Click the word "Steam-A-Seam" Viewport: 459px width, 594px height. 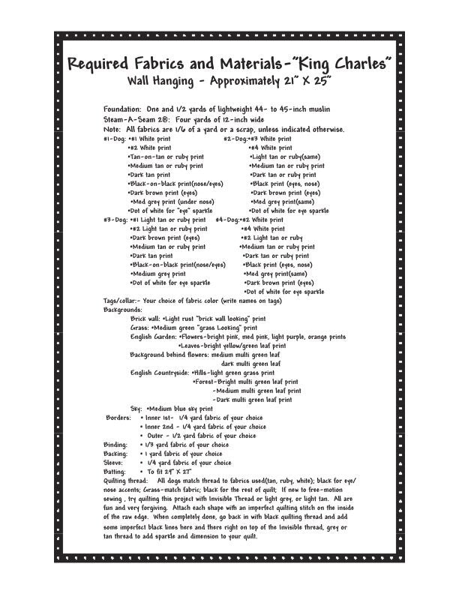coord(133,119)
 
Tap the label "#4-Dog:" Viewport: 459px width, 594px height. coord(227,220)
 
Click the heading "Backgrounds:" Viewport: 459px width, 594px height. coord(123,310)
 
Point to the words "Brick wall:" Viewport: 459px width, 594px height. coord(145,319)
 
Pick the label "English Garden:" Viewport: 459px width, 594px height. coord(153,337)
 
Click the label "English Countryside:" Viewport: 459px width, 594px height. coord(160,373)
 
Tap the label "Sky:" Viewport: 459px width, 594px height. coord(136,409)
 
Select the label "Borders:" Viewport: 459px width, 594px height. coord(118,418)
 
